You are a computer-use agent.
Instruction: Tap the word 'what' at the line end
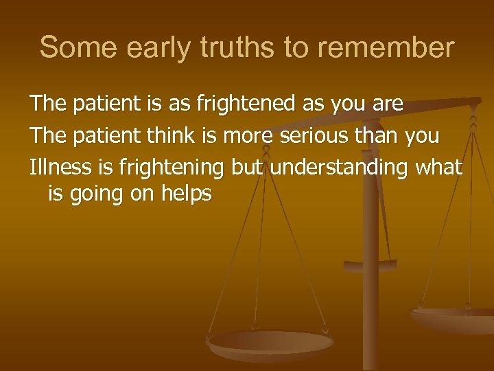click(438, 166)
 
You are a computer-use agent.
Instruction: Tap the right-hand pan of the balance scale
click(453, 318)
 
